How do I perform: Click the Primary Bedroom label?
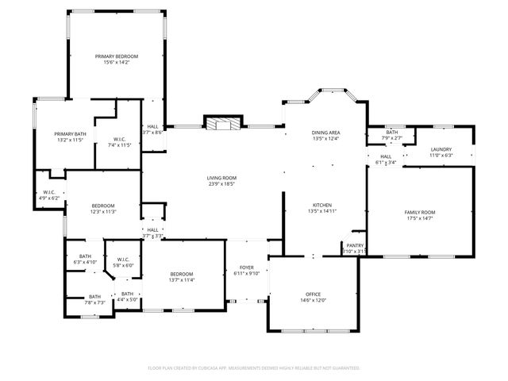(117, 56)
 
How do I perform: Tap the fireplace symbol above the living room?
(221, 122)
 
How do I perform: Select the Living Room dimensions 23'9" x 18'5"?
(222, 183)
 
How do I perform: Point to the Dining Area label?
(325, 132)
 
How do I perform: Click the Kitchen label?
(321, 204)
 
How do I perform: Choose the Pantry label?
(353, 245)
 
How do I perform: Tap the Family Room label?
(420, 212)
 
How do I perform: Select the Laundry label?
(441, 149)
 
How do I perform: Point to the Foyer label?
(247, 267)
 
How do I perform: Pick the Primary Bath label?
(70, 133)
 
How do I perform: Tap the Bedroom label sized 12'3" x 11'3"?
(102, 206)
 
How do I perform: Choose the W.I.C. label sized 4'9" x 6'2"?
(48, 191)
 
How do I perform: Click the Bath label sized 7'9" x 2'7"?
(392, 132)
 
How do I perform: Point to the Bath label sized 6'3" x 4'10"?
(84, 256)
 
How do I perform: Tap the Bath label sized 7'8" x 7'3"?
(94, 296)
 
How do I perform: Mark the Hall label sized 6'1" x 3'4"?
(386, 156)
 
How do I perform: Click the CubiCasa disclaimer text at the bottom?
(254, 368)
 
